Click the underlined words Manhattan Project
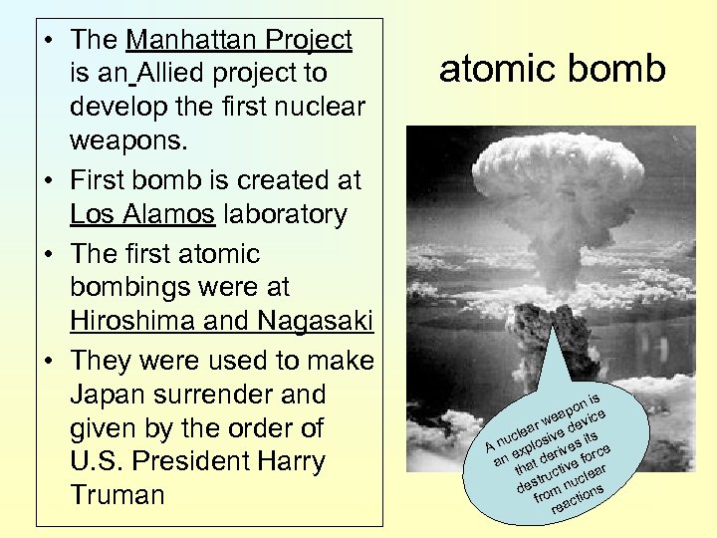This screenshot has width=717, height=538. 239,41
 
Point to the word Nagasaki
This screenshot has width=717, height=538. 315,321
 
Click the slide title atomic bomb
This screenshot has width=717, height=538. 552,70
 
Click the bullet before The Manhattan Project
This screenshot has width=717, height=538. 49,41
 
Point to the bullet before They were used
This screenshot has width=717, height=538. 49,360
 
